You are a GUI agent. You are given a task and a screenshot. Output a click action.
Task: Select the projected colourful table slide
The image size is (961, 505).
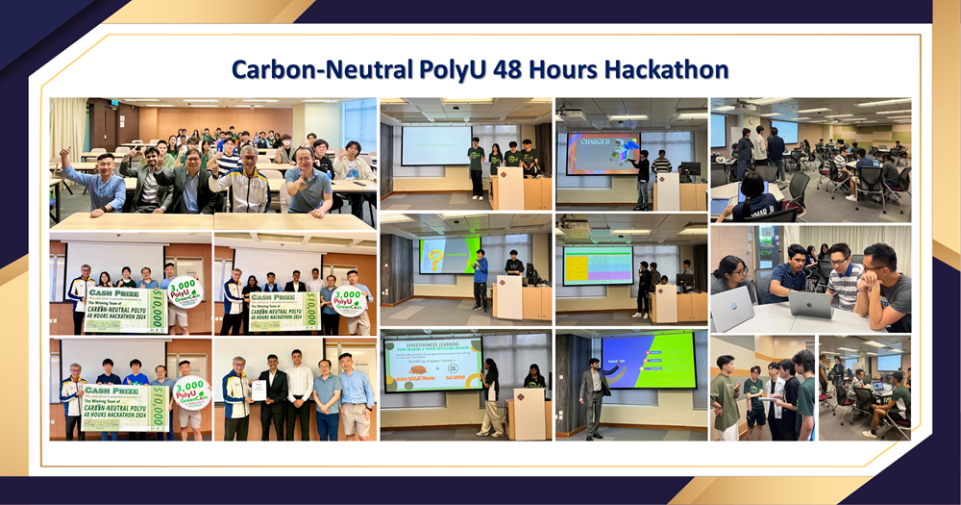tap(597, 265)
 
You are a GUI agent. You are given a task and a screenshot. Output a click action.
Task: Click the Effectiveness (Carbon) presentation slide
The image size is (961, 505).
tap(432, 365)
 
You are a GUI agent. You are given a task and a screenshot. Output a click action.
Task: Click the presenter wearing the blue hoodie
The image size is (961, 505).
tap(480, 278)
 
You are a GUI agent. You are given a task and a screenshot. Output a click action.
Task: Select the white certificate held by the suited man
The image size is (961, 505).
tap(259, 389)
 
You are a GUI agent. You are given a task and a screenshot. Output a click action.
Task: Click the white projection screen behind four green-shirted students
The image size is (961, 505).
tap(435, 145)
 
